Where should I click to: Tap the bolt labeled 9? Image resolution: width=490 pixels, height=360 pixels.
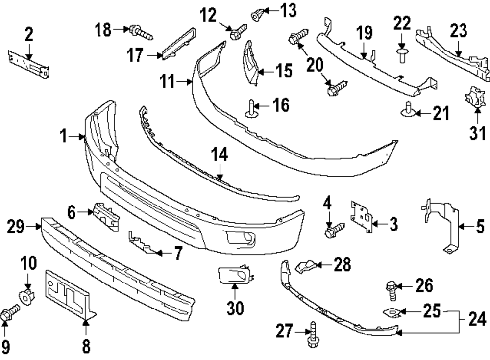pos(9,312)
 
